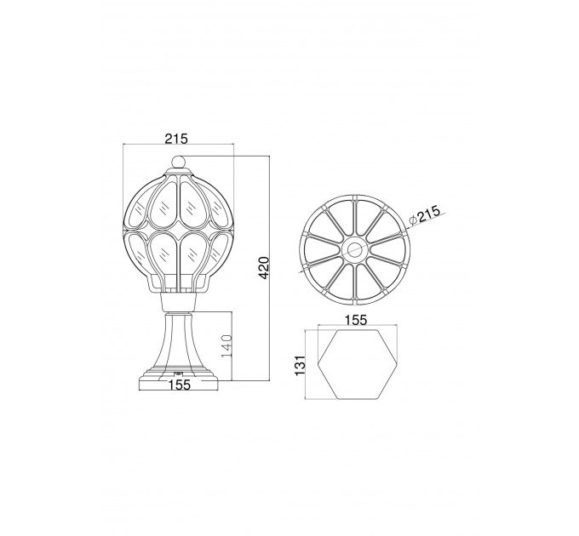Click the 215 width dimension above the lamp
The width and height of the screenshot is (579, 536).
tap(176, 139)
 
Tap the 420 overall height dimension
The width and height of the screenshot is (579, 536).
tap(265, 268)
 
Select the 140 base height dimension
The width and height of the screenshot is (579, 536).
tap(226, 345)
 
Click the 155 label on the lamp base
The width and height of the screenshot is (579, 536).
tap(180, 385)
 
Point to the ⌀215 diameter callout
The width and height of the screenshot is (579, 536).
tap(425, 216)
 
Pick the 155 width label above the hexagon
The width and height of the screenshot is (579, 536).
tap(356, 320)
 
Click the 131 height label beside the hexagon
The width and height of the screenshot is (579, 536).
tap(301, 365)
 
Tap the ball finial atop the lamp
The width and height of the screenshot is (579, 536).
tap(178, 162)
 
